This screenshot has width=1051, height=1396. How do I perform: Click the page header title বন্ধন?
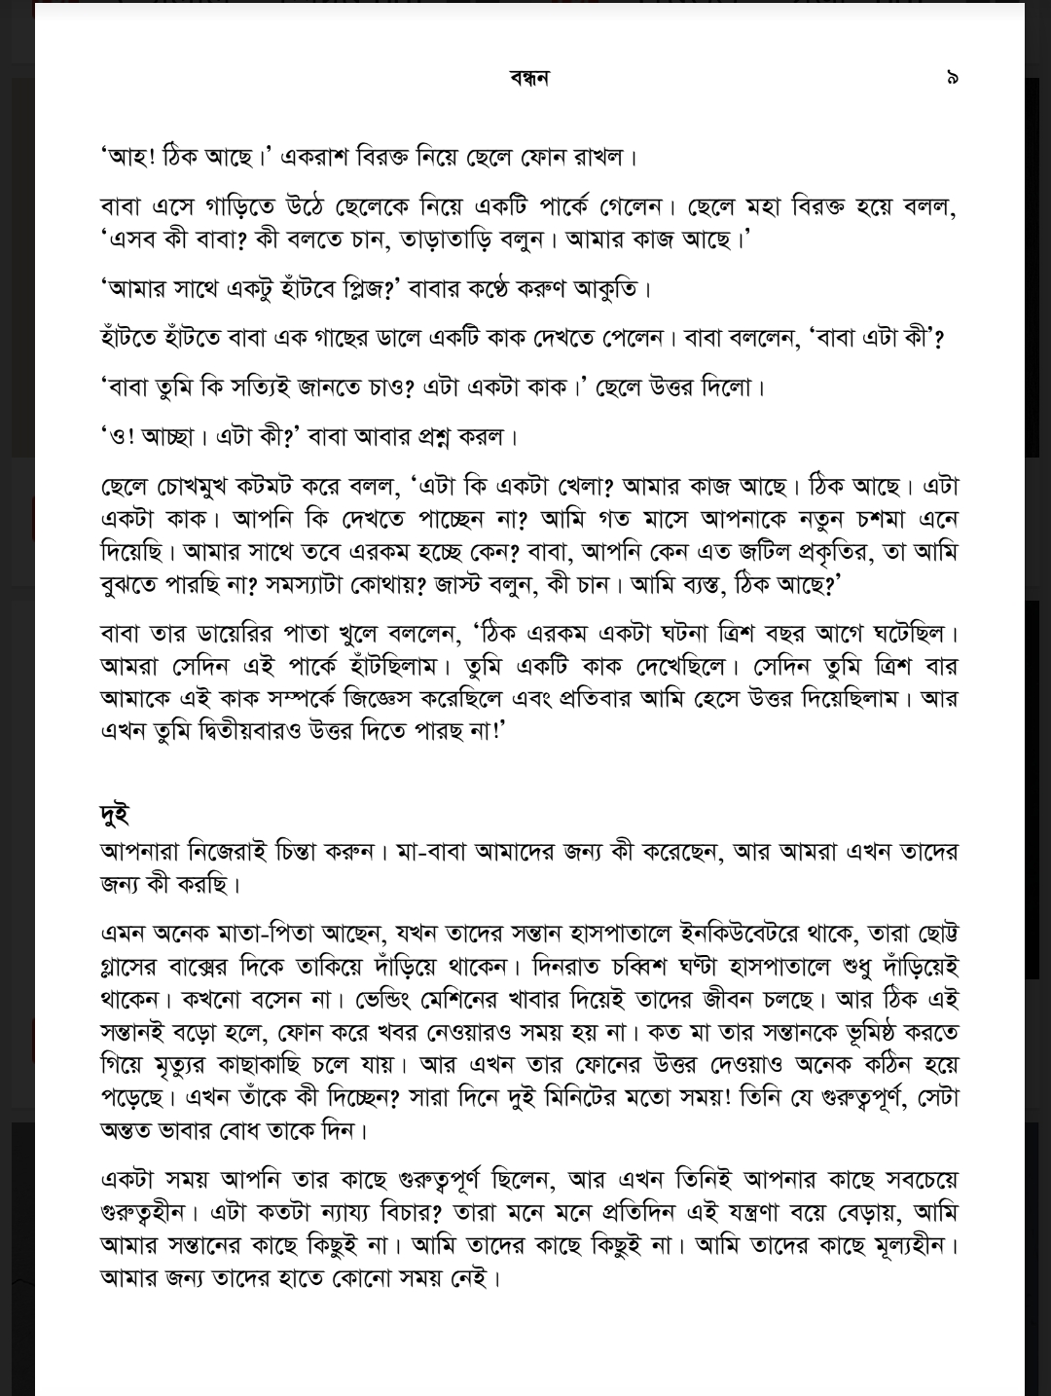click(529, 78)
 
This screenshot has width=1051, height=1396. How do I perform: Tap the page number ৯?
click(952, 78)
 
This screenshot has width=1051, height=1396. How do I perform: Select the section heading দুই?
click(115, 814)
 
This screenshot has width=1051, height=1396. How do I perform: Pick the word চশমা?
click(878, 518)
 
